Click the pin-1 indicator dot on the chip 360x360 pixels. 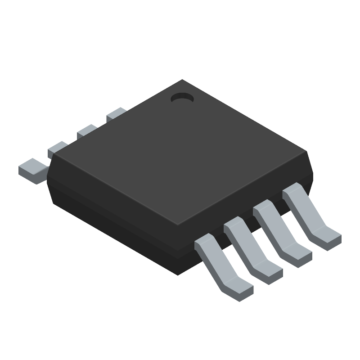coord(182,98)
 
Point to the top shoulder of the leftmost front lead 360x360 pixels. coord(205,243)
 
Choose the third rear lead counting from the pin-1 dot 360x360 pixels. coord(58,148)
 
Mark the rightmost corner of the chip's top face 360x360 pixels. coord(306,153)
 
